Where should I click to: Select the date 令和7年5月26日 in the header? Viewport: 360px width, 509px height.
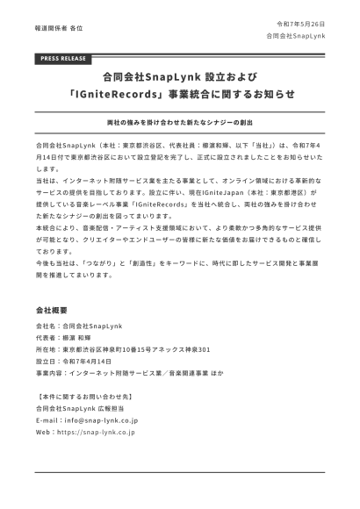coord(300,24)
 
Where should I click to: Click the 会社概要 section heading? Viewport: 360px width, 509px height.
coord(56,311)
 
